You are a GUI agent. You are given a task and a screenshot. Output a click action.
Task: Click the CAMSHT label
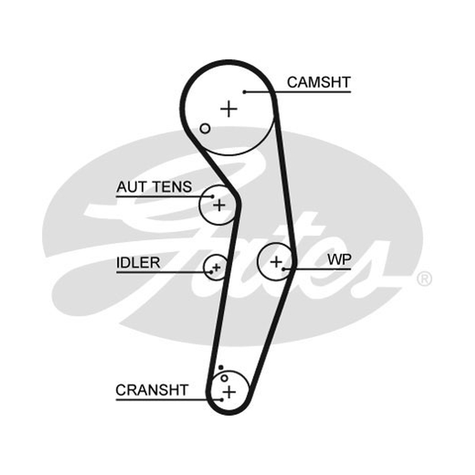pyautogui.click(x=319, y=83)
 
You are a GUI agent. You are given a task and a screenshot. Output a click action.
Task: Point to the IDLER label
pyautogui.click(x=138, y=262)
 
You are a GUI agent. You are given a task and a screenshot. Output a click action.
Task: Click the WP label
pyautogui.click(x=339, y=259)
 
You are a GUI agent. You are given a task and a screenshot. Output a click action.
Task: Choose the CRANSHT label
pyautogui.click(x=152, y=390)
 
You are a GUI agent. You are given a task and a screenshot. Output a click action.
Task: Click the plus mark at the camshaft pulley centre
pyautogui.click(x=229, y=109)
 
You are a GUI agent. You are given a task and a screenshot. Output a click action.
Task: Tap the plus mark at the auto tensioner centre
pyautogui.click(x=219, y=205)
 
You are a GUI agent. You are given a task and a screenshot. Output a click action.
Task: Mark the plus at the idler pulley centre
pyautogui.click(x=217, y=268)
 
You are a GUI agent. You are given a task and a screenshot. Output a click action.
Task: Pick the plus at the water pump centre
pyautogui.click(x=276, y=262)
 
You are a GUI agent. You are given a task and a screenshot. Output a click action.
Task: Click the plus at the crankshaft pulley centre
pyautogui.click(x=229, y=392)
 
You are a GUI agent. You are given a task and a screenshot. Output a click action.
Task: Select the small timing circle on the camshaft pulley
pyautogui.click(x=205, y=128)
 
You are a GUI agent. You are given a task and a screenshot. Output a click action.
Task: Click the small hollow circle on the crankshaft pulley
pyautogui.click(x=224, y=378)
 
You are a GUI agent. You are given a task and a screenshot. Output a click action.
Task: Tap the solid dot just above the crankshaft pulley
pyautogui.click(x=221, y=368)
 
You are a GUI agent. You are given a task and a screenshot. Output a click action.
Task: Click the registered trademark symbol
pyautogui.click(x=425, y=278)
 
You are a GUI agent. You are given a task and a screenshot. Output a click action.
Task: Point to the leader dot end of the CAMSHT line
pyautogui.click(x=245, y=92)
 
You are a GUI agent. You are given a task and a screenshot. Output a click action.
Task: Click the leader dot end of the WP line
pyautogui.click(x=283, y=269)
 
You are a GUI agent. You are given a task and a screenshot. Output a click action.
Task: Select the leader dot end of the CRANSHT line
pyautogui.click(x=222, y=400)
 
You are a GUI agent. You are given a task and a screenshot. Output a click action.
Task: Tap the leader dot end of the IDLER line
pyautogui.click(x=211, y=273)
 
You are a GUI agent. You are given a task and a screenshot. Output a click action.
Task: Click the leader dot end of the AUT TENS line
pyautogui.click(x=213, y=197)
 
